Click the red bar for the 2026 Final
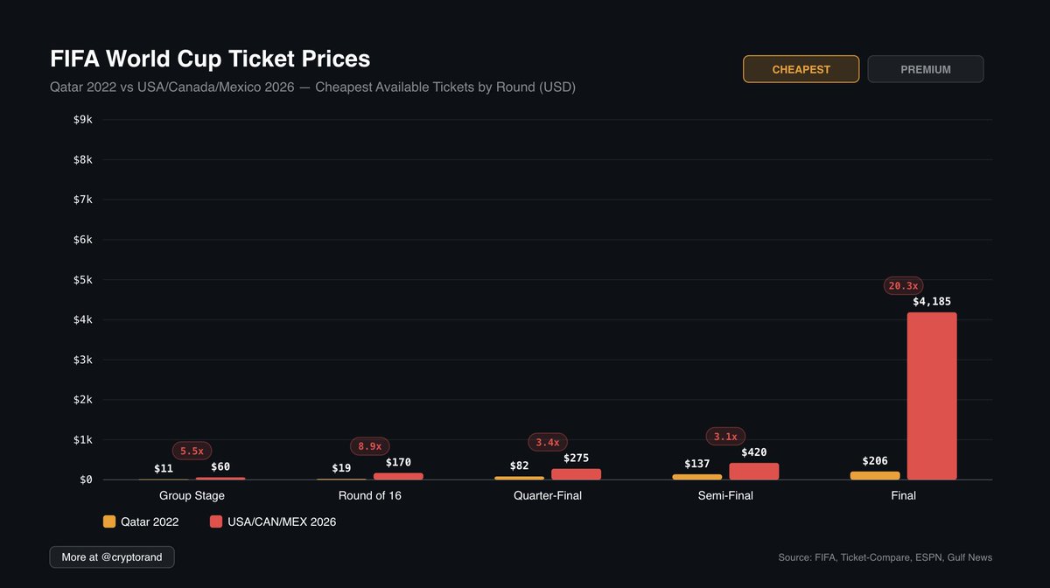point(932,395)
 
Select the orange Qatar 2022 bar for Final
point(875,475)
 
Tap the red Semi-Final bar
point(753,471)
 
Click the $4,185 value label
point(932,301)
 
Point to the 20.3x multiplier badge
point(902,285)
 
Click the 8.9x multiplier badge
point(369,446)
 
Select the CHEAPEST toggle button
point(801,69)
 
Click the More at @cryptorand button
point(112,556)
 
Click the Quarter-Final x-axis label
point(548,496)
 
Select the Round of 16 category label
point(369,496)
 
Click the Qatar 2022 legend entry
point(141,521)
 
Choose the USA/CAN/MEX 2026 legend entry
point(273,521)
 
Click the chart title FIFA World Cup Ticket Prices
point(210,59)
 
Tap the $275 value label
point(576,458)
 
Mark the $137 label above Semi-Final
point(697,464)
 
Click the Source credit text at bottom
point(885,557)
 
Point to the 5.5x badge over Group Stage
point(192,451)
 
